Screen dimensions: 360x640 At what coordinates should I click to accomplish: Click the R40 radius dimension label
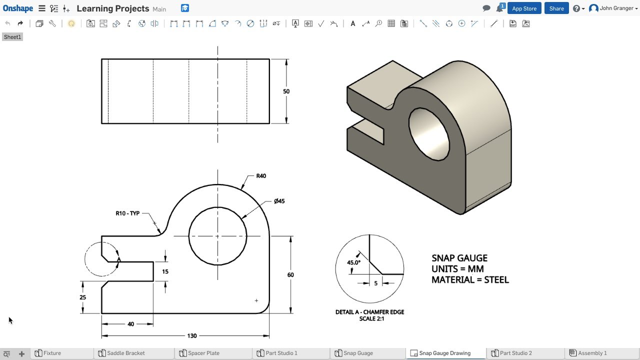[x=261, y=176]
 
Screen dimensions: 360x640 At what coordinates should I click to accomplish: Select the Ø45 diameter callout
[x=279, y=201]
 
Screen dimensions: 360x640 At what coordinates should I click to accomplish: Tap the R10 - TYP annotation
[x=127, y=213]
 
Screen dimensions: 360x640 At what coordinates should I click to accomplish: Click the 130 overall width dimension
[x=192, y=336]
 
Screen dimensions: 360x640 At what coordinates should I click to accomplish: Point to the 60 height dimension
[x=290, y=275]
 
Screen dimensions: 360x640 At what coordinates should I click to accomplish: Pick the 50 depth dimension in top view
[x=286, y=91]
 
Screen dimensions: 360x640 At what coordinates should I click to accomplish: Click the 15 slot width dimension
[x=165, y=271]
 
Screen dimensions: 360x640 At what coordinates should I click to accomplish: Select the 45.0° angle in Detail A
[x=353, y=262]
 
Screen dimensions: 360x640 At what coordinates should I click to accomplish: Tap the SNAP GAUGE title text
[x=459, y=258]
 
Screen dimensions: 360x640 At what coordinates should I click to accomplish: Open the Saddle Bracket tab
[x=125, y=353]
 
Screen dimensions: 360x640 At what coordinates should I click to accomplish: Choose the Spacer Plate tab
[x=203, y=353]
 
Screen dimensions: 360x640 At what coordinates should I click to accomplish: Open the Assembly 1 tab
[x=592, y=353]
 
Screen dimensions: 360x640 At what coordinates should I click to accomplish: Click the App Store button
[x=524, y=8]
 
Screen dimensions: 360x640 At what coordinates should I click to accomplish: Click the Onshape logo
[x=18, y=8]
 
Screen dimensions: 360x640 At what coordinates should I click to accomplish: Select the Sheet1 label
[x=12, y=37]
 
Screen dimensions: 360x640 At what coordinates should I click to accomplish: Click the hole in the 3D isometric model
[x=429, y=134]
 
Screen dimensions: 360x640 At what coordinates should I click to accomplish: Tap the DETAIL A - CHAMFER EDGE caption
[x=369, y=312]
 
